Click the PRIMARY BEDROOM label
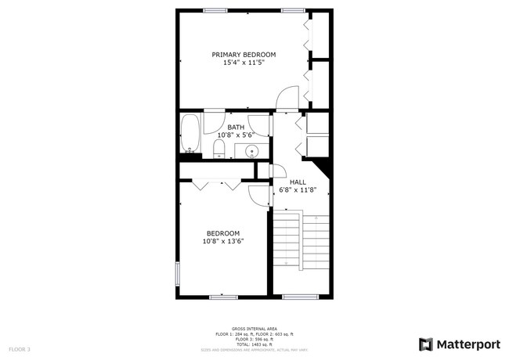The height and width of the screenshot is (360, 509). coord(244,54)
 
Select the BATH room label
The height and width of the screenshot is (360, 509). coord(235,127)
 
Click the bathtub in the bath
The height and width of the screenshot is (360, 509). coord(190,135)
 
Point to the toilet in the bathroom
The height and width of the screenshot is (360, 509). coord(219,148)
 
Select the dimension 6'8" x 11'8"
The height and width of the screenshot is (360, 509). coord(298,189)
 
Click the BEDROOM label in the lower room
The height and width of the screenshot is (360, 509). coord(223,233)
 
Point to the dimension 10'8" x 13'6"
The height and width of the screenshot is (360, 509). coord(223,241)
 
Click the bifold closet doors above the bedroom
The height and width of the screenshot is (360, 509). coord(215,185)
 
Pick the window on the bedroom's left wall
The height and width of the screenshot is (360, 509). coord(178,275)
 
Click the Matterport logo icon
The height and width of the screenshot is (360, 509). coord(426,344)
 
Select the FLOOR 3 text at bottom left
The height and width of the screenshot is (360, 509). coord(20,348)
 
